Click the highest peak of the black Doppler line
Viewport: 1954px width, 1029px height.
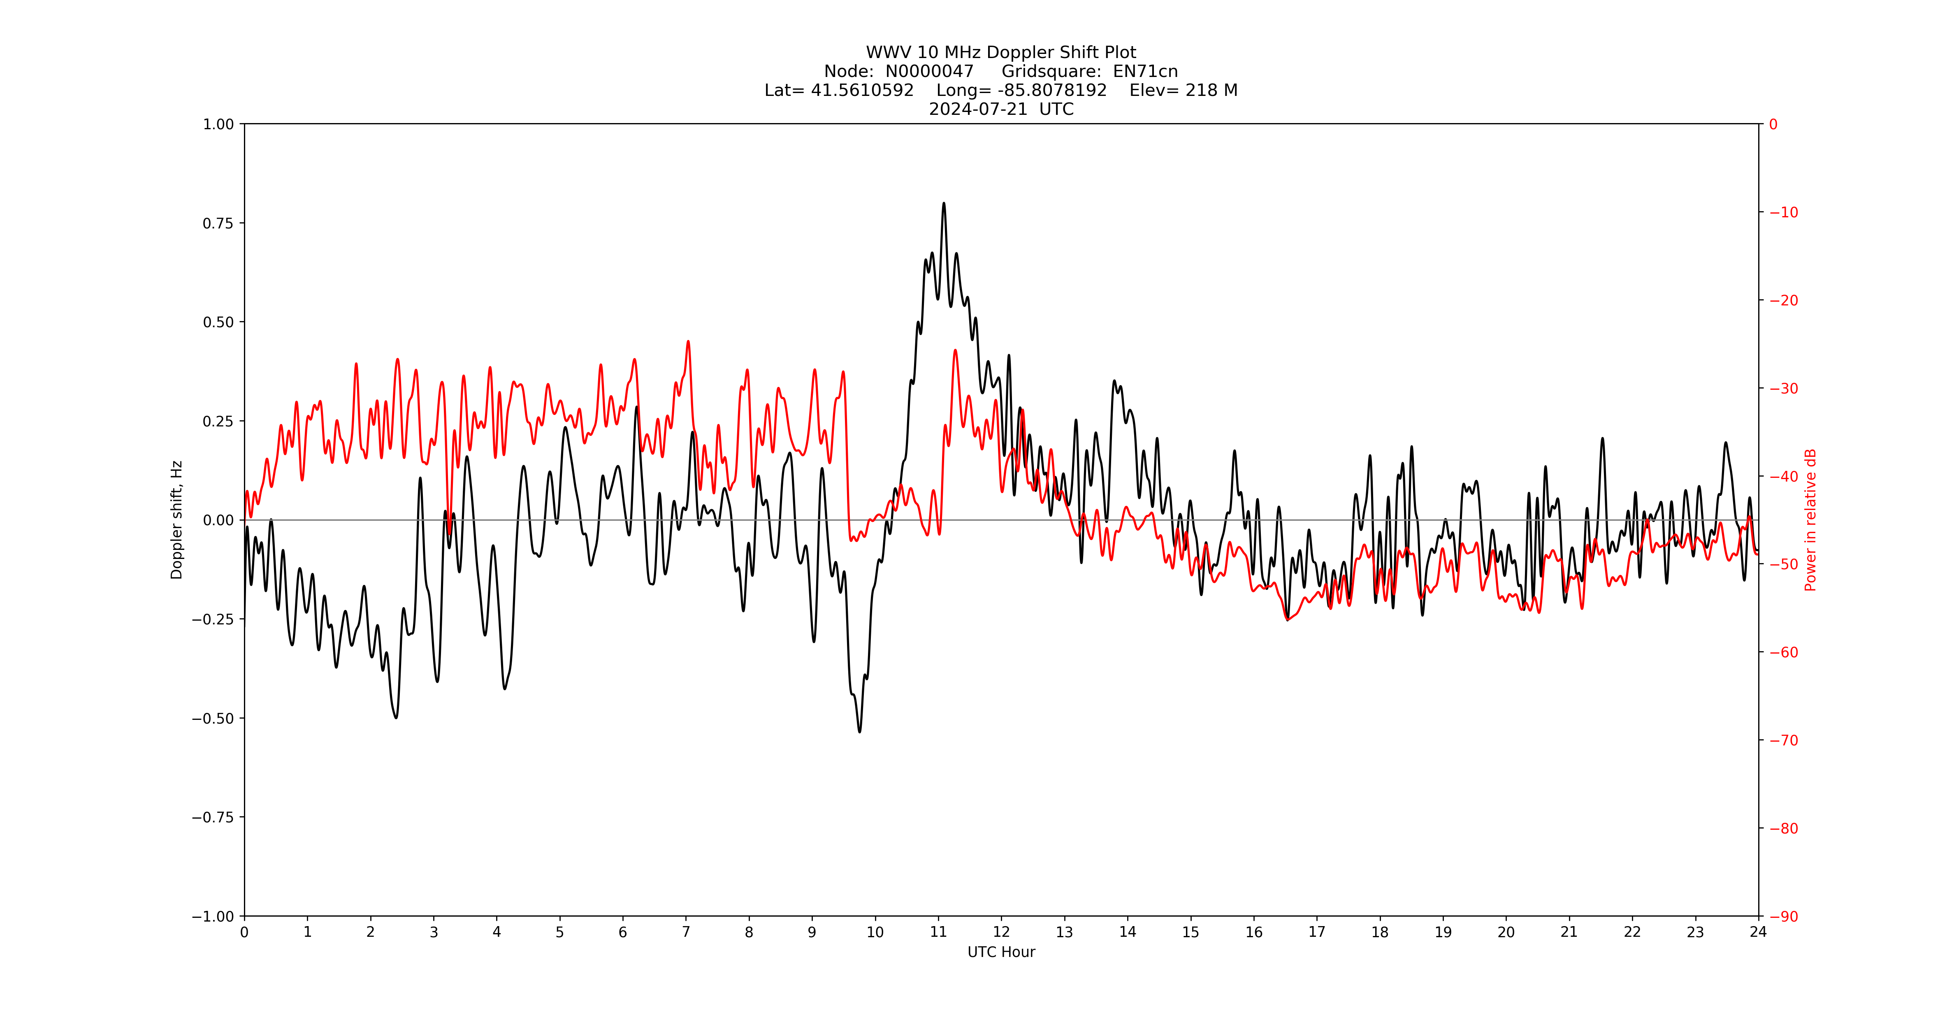tap(944, 203)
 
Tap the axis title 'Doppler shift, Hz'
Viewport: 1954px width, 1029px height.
tap(177, 520)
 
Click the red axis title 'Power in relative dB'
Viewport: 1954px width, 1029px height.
tap(1810, 520)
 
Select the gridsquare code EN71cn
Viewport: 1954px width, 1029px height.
tap(1145, 71)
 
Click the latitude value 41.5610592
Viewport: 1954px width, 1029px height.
tap(863, 90)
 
